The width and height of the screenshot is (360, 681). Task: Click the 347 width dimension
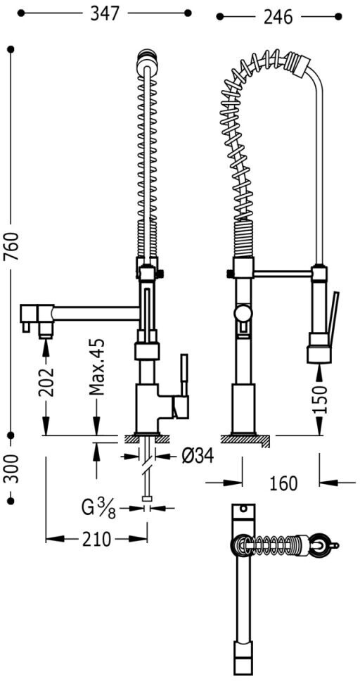point(104,13)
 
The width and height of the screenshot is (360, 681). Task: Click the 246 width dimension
point(278,17)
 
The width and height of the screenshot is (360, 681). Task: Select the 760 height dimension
point(11,246)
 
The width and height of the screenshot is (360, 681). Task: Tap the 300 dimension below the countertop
point(11,469)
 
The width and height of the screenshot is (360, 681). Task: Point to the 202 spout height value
point(46,382)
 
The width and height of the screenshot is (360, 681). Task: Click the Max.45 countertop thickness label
point(98,367)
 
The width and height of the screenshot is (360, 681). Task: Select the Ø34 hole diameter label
point(198,456)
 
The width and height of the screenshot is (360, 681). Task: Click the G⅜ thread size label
point(98,509)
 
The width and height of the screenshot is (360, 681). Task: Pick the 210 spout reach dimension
point(96,539)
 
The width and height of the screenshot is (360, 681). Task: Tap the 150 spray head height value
point(320,400)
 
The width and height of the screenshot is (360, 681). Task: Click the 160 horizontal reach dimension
point(283,483)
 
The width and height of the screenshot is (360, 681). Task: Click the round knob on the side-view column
point(243,312)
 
